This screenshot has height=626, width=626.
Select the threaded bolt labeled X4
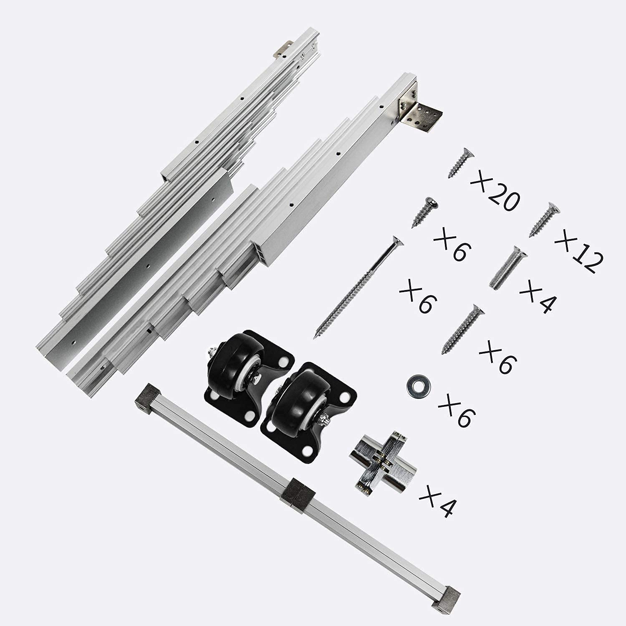tap(507, 268)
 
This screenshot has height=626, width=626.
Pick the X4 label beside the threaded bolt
tap(538, 296)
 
